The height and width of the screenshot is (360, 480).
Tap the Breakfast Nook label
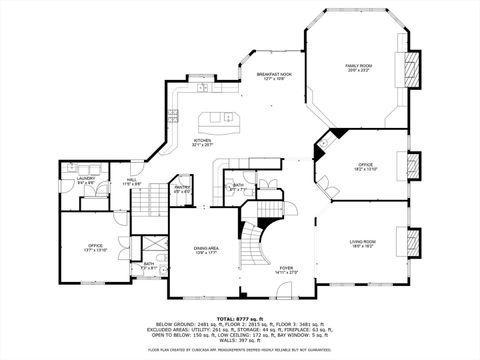273,76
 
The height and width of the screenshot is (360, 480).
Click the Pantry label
183,188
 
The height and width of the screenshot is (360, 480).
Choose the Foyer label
287,268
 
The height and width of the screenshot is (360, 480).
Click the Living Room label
362,242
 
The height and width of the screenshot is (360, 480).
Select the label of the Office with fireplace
365,164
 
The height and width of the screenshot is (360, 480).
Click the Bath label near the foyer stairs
238,186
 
